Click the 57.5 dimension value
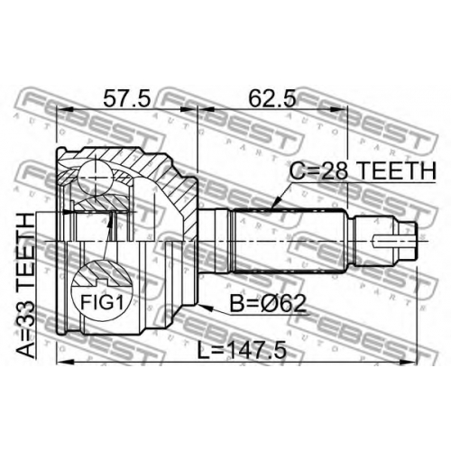click(126, 98)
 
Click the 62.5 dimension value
click(272, 98)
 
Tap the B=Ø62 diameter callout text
click(268, 303)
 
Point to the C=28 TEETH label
click(363, 170)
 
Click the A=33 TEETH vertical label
click(25, 285)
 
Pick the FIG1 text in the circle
click(102, 302)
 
